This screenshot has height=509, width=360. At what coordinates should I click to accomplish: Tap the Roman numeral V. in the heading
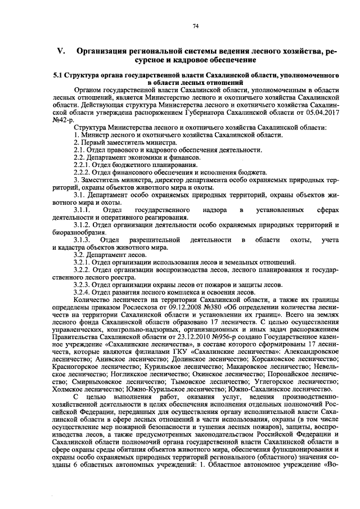point(61,52)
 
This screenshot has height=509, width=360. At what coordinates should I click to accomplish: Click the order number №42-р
point(62,119)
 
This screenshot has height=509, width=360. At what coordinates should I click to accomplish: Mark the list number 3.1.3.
point(83,240)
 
